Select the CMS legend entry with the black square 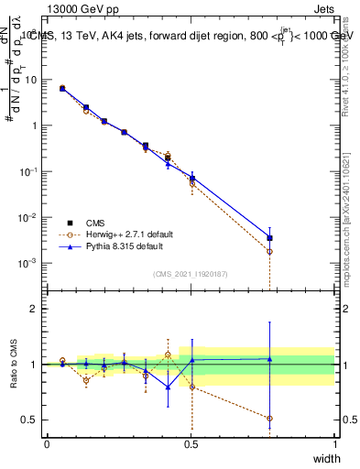[x=71, y=223]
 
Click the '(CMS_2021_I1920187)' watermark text [x=191, y=274]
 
